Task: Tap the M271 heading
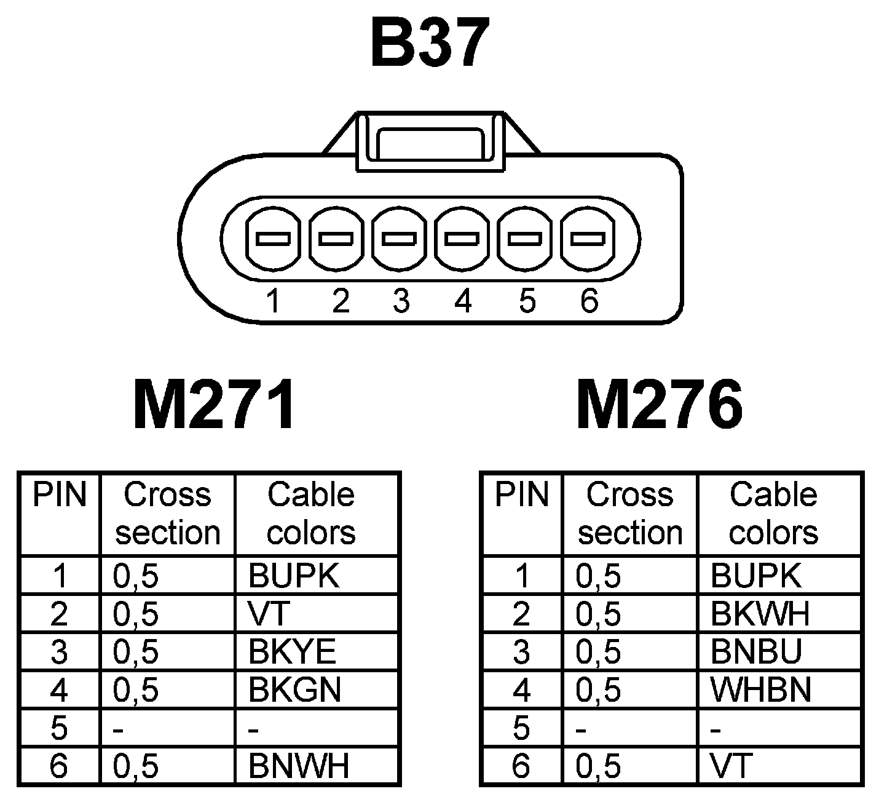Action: click(x=214, y=406)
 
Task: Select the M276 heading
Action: click(x=660, y=406)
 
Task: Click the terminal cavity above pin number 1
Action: click(x=274, y=239)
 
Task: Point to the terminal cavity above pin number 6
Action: click(x=589, y=239)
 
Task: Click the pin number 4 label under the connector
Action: click(x=463, y=301)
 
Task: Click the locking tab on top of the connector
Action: click(x=430, y=143)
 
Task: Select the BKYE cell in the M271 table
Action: click(x=293, y=652)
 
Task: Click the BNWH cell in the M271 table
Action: click(x=299, y=766)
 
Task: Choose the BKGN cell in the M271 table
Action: click(x=294, y=690)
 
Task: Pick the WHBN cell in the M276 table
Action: click(x=761, y=690)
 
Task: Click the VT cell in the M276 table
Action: click(x=731, y=766)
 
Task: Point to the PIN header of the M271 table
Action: click(x=60, y=496)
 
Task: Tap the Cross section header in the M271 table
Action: click(x=167, y=514)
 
